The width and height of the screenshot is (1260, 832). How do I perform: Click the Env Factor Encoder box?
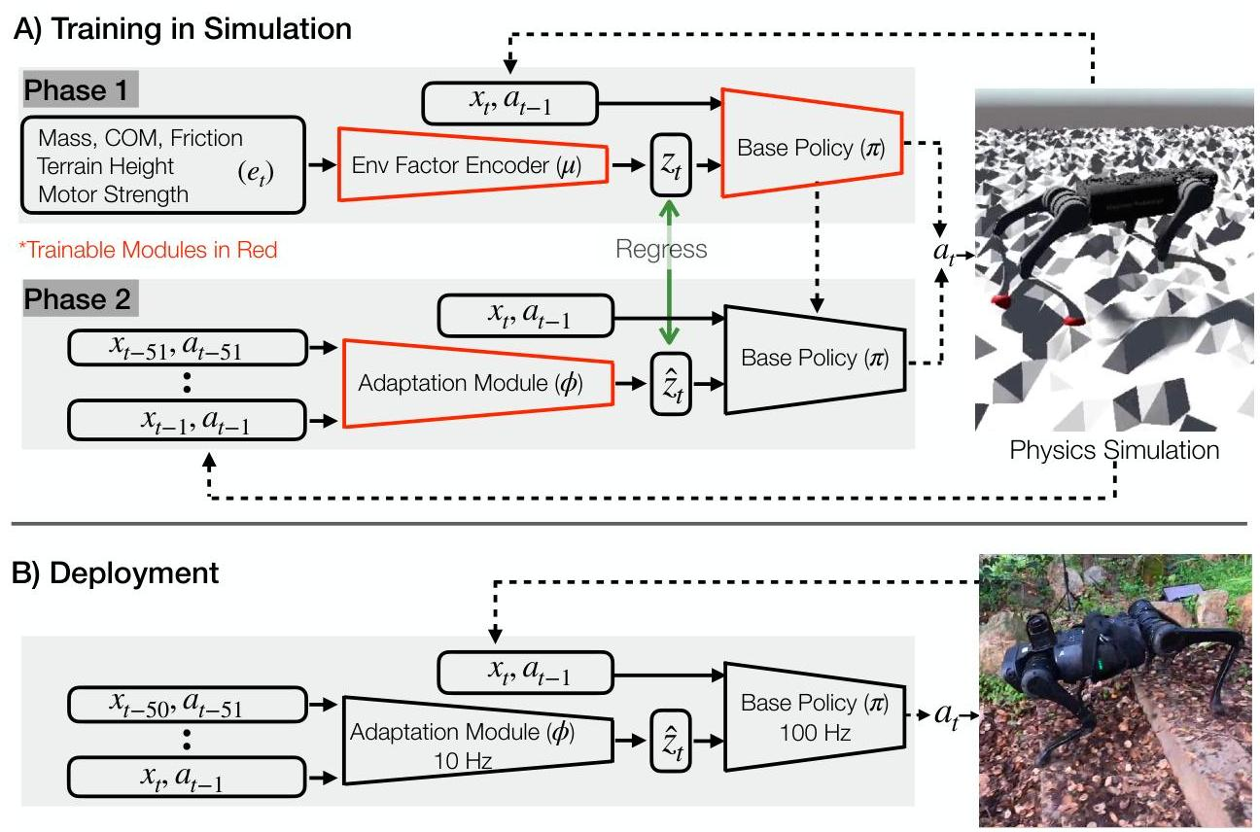pyautogui.click(x=472, y=164)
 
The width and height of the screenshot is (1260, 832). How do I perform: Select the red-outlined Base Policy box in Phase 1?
pyautogui.click(x=812, y=143)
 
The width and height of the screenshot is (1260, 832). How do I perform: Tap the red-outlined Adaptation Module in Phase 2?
pyautogui.click(x=477, y=383)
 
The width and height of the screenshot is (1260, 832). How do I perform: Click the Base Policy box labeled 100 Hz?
pyautogui.click(x=815, y=716)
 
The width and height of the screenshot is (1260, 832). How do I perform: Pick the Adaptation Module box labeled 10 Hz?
pyautogui.click(x=477, y=741)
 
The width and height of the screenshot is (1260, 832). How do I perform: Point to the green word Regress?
pyautogui.click(x=661, y=249)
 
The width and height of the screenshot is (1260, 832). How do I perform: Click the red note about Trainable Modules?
pyautogui.click(x=148, y=250)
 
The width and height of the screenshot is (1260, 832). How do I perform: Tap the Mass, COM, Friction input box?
pyautogui.click(x=163, y=165)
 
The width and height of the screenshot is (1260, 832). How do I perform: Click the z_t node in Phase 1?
pyautogui.click(x=671, y=164)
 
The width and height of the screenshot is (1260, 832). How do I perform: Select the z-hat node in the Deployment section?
pyautogui.click(x=671, y=741)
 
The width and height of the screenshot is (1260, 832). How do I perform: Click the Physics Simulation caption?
pyautogui.click(x=1114, y=450)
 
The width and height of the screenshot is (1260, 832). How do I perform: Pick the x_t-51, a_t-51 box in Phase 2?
pyautogui.click(x=188, y=348)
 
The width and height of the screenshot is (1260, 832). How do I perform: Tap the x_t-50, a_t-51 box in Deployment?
pyautogui.click(x=188, y=705)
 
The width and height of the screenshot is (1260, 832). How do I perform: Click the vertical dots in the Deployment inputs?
pyautogui.click(x=187, y=740)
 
